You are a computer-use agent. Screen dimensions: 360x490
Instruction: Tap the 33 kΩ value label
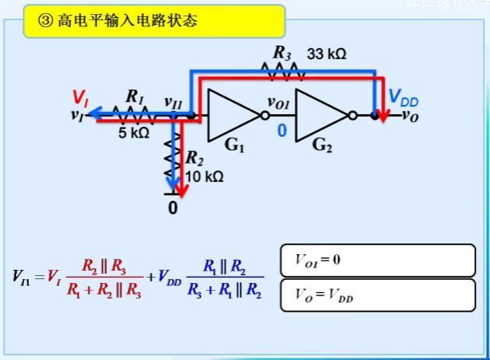coord(327,54)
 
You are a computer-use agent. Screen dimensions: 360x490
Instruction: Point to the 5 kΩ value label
coord(133,133)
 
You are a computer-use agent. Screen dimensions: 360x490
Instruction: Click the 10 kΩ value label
coord(204,177)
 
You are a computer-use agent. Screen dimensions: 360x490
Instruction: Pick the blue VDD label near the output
coord(404,98)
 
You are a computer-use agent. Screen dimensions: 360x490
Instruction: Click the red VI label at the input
coord(79,98)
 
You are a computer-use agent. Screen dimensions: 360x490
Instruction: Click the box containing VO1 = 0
coord(376,260)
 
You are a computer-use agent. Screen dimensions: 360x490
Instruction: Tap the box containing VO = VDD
coord(376,295)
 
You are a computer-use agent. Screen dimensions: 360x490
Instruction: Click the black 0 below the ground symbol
coord(173,208)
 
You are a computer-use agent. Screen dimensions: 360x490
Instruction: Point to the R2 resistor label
coord(194,159)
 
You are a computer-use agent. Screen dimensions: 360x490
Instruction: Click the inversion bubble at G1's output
coord(265,116)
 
